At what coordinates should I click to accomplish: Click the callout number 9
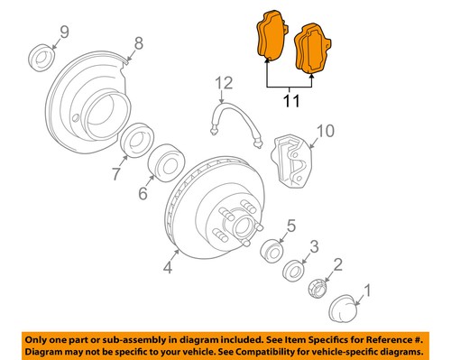(64, 34)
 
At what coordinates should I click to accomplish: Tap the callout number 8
(138, 42)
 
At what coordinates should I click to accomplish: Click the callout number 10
(323, 131)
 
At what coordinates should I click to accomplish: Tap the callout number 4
(167, 267)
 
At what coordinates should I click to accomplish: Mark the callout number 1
(366, 291)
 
